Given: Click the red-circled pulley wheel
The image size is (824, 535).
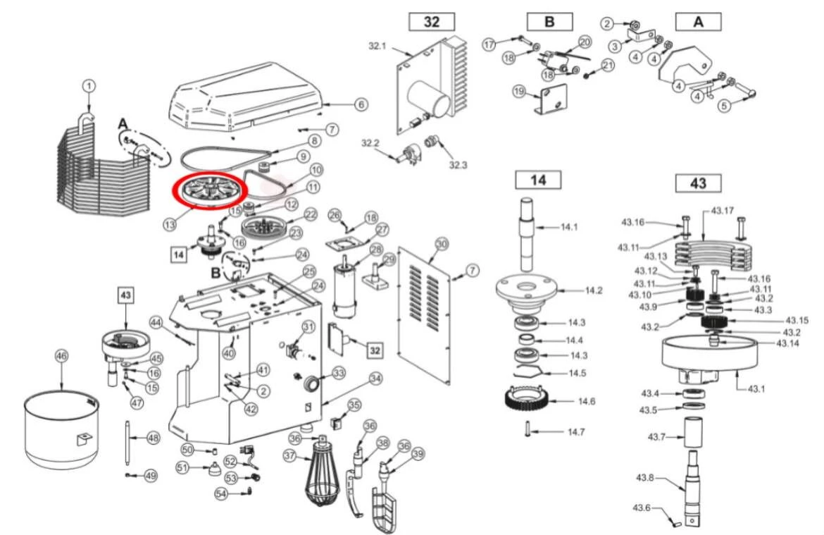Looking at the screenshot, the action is coord(211,190).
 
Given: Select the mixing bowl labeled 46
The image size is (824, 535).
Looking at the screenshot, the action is coord(62,429).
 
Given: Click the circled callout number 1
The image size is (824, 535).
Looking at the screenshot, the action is coord(89,86).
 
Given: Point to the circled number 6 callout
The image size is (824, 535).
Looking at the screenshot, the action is coord(361,105).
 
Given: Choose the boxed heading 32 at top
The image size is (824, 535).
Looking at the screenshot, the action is coord(432,22).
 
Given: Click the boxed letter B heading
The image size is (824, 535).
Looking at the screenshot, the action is coord(549,22).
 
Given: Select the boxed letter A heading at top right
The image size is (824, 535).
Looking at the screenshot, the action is coord(698,22).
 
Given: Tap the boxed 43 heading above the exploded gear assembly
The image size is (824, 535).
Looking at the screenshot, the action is coord(698,183).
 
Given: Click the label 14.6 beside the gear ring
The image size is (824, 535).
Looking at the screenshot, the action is coord(587,401).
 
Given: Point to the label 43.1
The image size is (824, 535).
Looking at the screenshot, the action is coord(756,389).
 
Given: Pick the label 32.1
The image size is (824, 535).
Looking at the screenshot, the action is coord(377,46).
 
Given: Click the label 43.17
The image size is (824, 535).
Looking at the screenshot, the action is coord(722,211).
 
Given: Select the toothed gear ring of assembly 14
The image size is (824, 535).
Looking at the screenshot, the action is coord(528,401).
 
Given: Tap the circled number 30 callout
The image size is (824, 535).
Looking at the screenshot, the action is coord(442,244).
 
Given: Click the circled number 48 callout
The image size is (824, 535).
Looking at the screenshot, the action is coord(153,438).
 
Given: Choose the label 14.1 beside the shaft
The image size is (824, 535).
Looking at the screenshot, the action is coord(569,227).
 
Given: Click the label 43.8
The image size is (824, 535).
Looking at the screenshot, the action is coord(645,478).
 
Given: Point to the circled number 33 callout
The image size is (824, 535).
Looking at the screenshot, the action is coord(339,372).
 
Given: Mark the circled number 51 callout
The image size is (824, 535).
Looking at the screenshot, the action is coord(182,467).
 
